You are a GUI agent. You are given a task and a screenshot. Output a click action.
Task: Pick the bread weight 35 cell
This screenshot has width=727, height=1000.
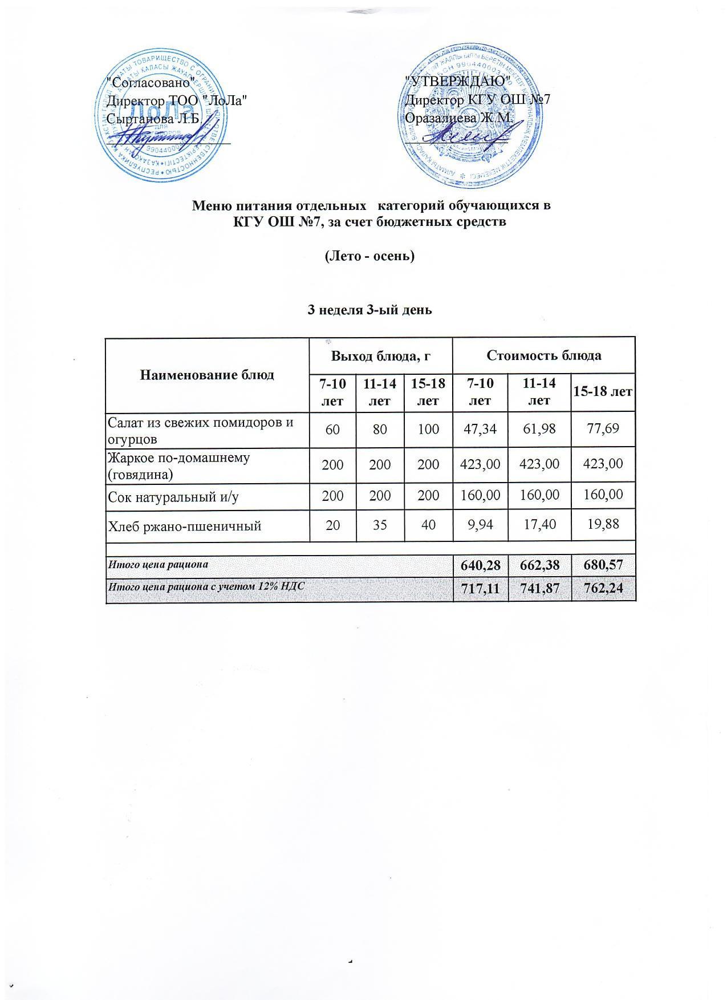(x=380, y=525)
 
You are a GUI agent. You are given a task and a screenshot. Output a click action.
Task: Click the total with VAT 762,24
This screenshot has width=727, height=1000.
(x=603, y=590)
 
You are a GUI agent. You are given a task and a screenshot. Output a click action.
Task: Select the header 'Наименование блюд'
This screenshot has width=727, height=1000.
(x=208, y=375)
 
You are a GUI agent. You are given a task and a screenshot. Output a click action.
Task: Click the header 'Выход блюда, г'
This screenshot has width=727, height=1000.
(x=380, y=356)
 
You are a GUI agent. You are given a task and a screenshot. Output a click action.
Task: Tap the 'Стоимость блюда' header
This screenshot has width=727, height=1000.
(x=543, y=355)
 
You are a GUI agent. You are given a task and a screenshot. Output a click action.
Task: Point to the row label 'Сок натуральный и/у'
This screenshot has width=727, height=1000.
(x=173, y=497)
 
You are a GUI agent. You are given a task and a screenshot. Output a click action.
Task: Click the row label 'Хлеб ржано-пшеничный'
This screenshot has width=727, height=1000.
(x=185, y=525)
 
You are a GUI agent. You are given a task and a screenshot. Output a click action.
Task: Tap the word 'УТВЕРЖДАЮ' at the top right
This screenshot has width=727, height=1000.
(x=456, y=81)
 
